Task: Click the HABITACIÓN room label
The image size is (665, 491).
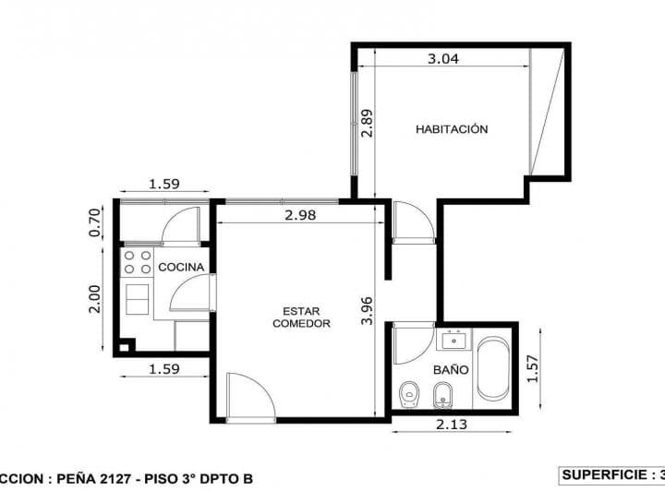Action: tap(452, 129)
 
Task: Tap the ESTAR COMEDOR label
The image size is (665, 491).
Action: tap(302, 317)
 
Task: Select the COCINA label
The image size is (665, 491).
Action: tap(181, 267)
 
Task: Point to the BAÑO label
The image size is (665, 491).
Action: tap(451, 369)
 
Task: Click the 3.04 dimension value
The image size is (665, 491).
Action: tap(442, 59)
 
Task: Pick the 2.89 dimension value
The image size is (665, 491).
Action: tap(367, 123)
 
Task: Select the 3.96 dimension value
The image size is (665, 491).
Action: tap(367, 310)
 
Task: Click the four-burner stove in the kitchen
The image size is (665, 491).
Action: tap(138, 261)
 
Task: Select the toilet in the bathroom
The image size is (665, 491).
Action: tap(409, 395)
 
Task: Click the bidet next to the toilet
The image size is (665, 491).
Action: tap(441, 395)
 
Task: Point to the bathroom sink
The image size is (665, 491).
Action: tap(453, 340)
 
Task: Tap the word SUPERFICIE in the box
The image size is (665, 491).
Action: tap(606, 474)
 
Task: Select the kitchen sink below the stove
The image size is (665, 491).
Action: tap(139, 298)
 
